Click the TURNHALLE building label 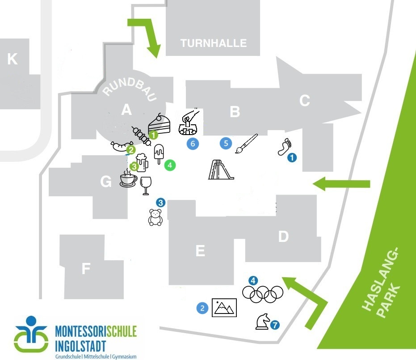coord(213,43)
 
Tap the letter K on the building coord(13,59)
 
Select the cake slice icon coord(160,123)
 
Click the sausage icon coord(119,146)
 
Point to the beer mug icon coord(142,163)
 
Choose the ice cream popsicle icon coord(158,154)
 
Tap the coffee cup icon coord(128,180)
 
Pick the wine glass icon coord(146,186)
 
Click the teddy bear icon coord(155,217)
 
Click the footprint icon coord(284,146)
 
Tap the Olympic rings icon coord(263,293)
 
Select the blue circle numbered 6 coord(193,144)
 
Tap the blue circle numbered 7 coord(275,325)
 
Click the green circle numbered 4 coord(170,165)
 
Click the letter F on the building coord(86,268)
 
